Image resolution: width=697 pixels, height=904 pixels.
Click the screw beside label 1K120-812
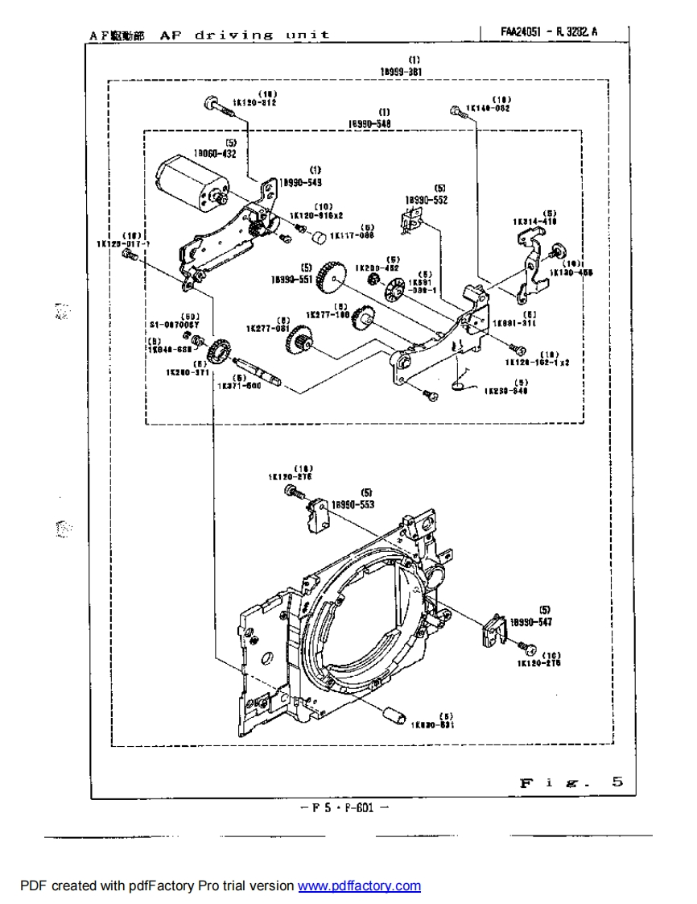pyautogui.click(x=211, y=102)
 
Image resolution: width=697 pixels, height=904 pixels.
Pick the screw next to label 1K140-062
pyautogui.click(x=456, y=109)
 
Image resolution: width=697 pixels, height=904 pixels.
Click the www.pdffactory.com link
pyautogui.click(x=359, y=886)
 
